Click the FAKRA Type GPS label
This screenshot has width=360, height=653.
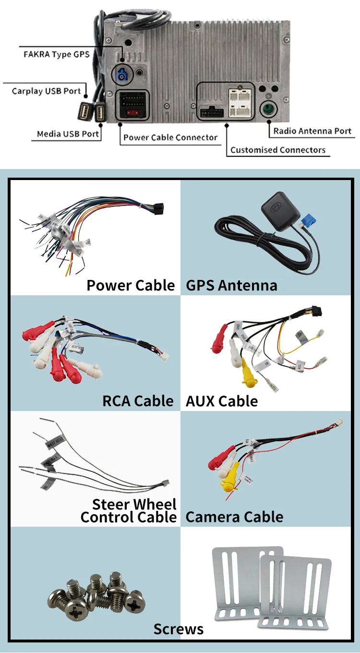click(x=57, y=54)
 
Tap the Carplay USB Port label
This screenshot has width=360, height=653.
click(x=47, y=91)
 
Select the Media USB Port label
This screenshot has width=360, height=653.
click(x=68, y=134)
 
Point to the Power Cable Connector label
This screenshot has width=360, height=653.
click(x=170, y=137)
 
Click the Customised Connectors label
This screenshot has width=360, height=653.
click(x=278, y=150)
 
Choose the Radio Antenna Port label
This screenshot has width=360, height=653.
click(x=312, y=131)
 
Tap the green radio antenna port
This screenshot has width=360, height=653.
click(x=268, y=109)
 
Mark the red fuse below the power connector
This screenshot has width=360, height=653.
click(x=133, y=114)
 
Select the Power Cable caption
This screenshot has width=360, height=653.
click(x=131, y=285)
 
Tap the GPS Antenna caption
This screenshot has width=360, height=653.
click(x=231, y=286)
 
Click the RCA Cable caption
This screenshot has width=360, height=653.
click(x=138, y=401)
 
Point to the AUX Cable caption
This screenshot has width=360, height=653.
click(x=222, y=401)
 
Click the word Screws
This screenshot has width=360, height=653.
click(x=179, y=629)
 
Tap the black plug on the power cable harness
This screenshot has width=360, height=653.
click(x=158, y=208)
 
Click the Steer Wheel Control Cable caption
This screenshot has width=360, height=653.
click(x=129, y=510)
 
